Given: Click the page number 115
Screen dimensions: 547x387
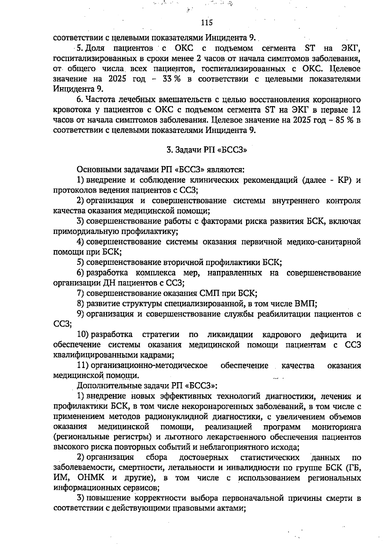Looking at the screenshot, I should pos(207,23).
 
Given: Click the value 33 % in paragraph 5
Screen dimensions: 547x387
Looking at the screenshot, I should pos(171,79).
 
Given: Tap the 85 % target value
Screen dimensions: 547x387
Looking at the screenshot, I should pos(344,120).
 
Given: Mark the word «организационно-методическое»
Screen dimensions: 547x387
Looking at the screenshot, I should pos(149,365).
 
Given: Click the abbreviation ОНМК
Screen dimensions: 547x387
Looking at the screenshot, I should pos(93,478).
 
